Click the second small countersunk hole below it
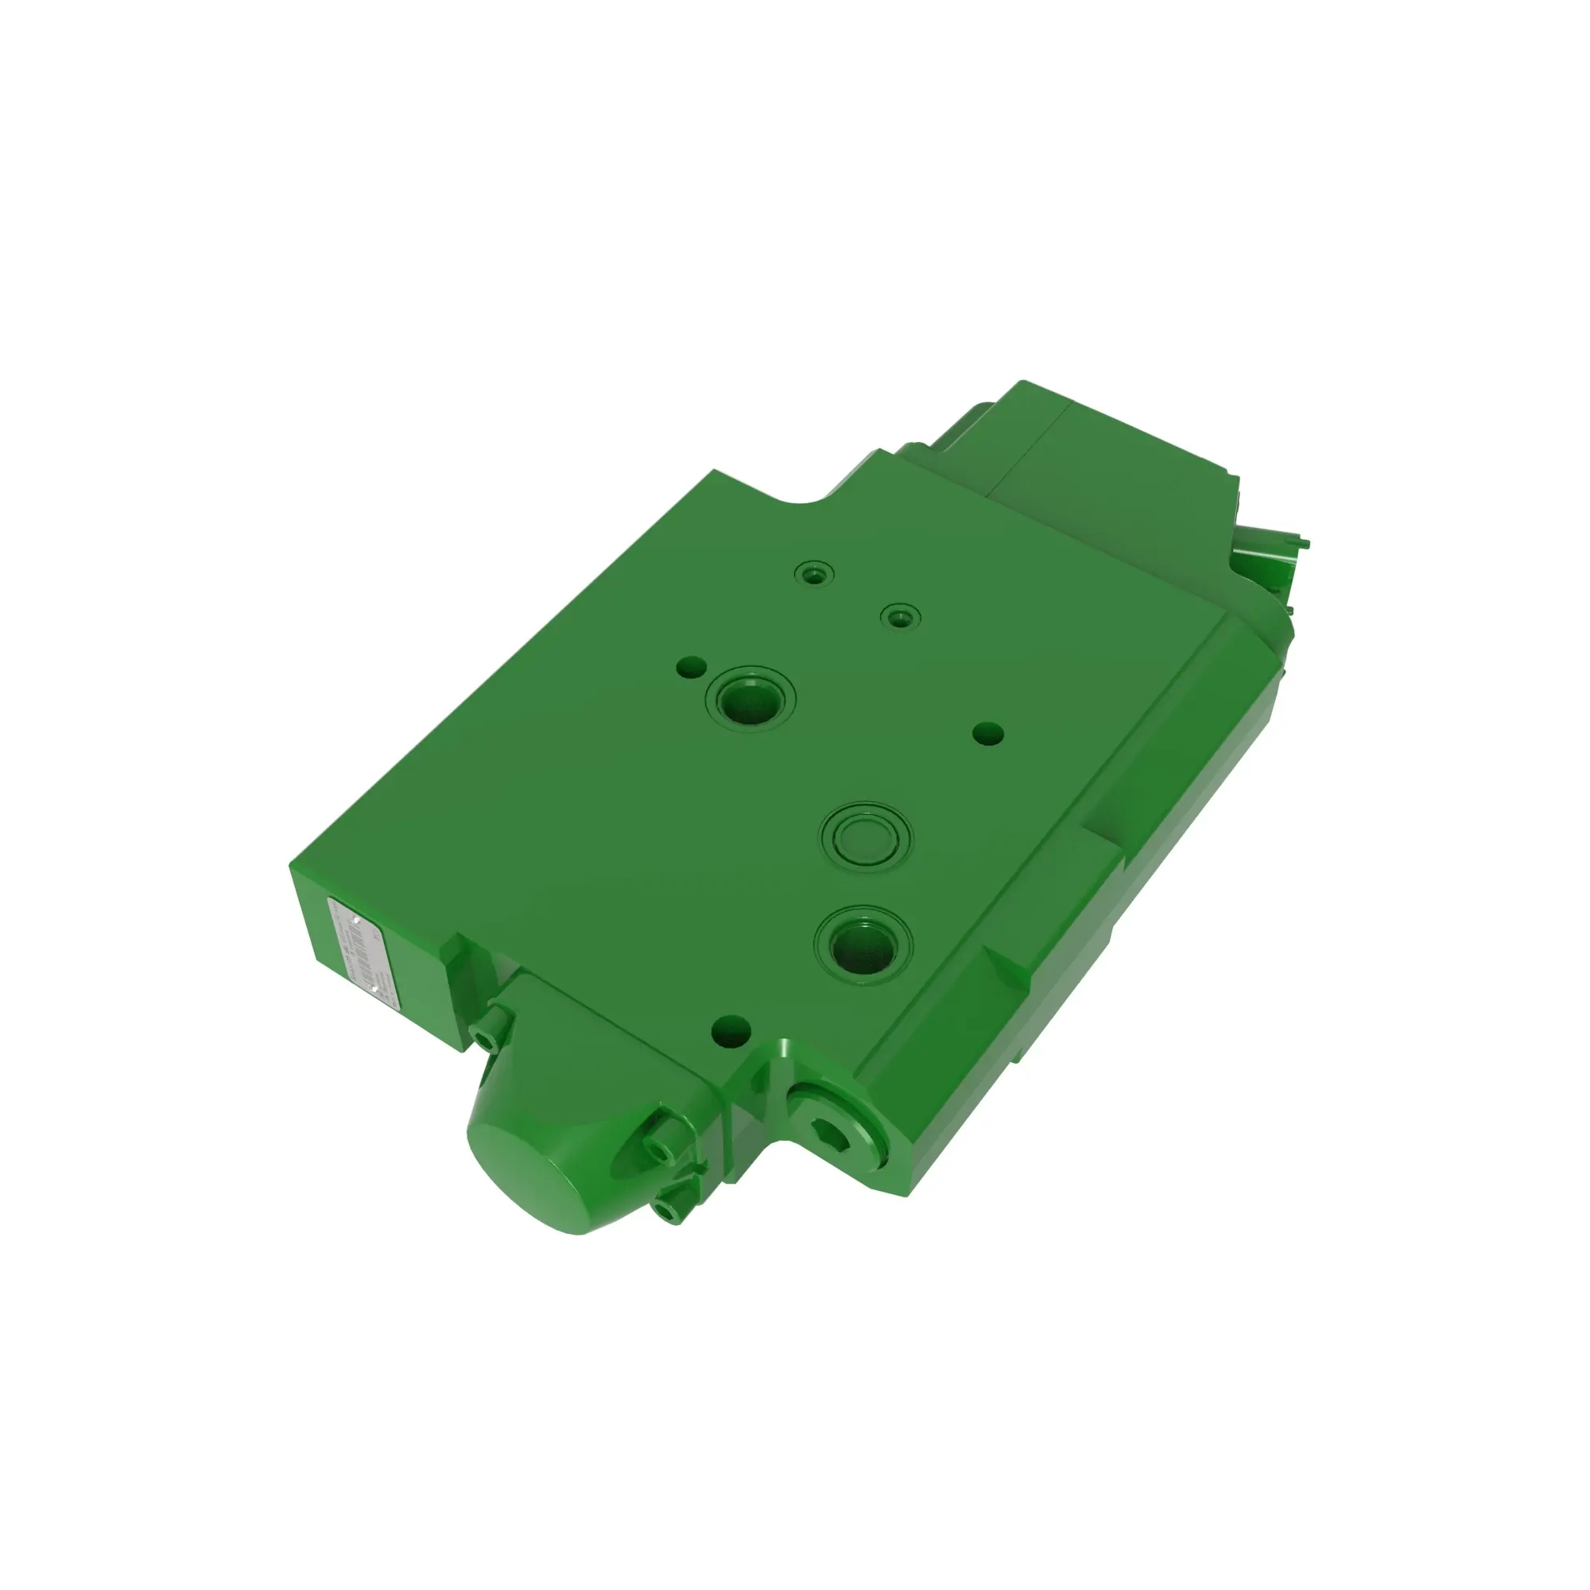coord(899,615)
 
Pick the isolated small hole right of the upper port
coord(987,731)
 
